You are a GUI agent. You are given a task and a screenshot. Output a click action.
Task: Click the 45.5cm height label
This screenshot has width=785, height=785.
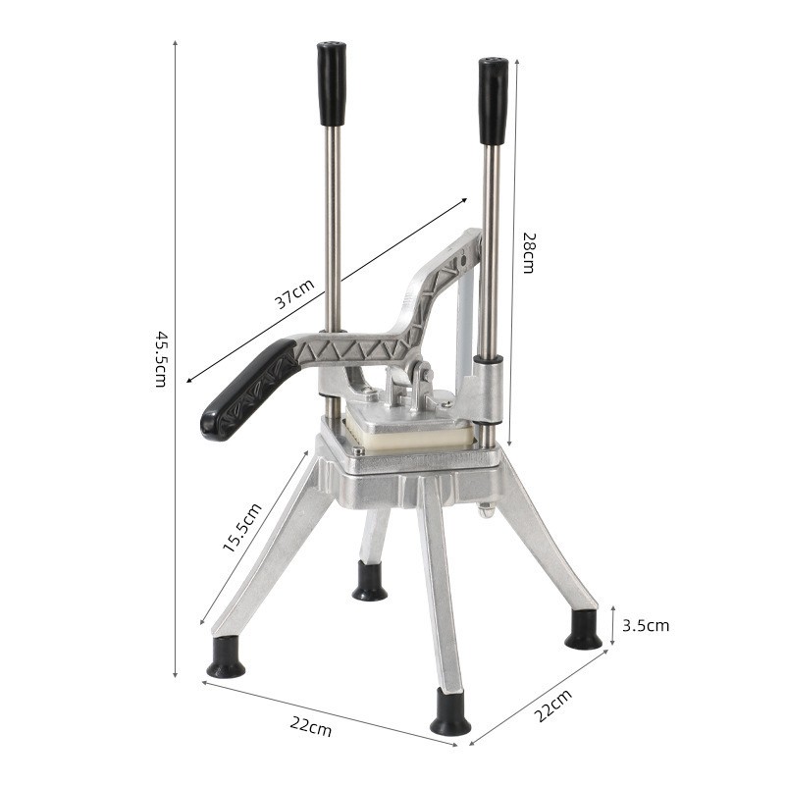pos(160,358)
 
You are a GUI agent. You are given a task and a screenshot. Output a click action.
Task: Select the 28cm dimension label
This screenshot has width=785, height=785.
pos(528,252)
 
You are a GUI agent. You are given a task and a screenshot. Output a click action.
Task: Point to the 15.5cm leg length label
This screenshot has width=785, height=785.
pos(241,528)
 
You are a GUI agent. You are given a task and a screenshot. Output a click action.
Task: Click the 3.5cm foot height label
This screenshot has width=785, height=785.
pos(647,625)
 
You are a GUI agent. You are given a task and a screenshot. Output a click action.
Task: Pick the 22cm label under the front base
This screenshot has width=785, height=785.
pos(311,727)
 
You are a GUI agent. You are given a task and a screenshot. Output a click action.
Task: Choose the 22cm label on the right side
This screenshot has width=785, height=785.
pos(552,706)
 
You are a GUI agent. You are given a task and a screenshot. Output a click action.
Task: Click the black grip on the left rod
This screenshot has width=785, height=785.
pos(332,83)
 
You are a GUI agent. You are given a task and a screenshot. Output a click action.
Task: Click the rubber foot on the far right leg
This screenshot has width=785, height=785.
pos(584,631)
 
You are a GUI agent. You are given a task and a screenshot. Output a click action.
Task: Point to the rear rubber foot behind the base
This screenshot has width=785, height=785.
pos(370,582)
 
